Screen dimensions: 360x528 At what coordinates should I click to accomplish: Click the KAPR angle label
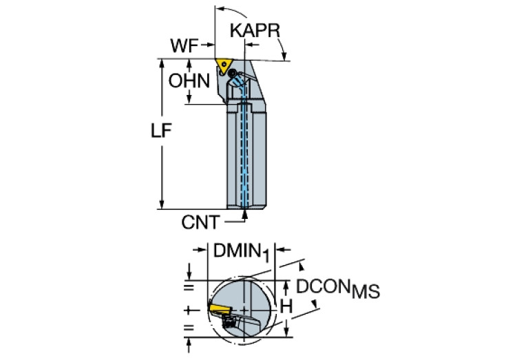[255, 31]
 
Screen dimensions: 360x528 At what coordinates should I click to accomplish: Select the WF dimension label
[184, 46]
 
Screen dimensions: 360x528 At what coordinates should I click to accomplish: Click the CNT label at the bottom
[200, 222]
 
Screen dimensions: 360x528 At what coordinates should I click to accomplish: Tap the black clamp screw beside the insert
[234, 73]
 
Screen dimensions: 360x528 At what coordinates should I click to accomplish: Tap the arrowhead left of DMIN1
[202, 251]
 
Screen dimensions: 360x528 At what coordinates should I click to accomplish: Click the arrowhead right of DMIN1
[280, 251]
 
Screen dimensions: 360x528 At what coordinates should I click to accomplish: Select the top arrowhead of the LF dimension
[161, 63]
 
